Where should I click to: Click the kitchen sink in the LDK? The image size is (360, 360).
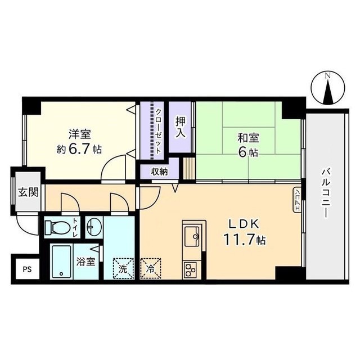click(x=191, y=236)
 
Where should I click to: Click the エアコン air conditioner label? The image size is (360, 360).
click(x=296, y=199)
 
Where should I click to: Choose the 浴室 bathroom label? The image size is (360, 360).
click(x=85, y=262)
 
